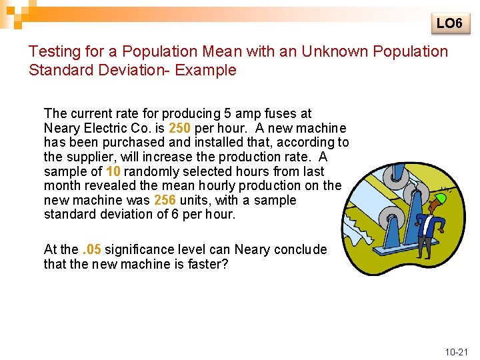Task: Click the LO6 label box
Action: pyautogui.click(x=449, y=23)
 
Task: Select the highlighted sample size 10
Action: pyautogui.click(x=113, y=171)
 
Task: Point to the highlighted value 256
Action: pyautogui.click(x=165, y=200)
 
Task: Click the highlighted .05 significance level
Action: pyautogui.click(x=91, y=250)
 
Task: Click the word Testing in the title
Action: pyautogui.click(x=53, y=51)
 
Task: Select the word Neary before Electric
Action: pyautogui.click(x=61, y=128)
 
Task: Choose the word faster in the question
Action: pyautogui.click(x=204, y=264)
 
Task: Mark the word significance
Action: pyautogui.click(x=138, y=250)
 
